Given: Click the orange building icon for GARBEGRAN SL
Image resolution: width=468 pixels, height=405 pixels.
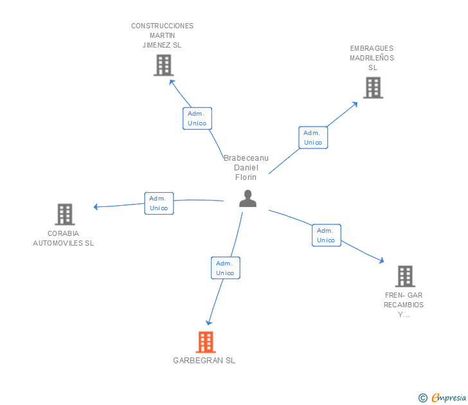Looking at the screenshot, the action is pyautogui.click(x=206, y=342).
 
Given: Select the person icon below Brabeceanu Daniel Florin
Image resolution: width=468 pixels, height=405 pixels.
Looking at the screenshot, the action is pyautogui.click(x=248, y=199).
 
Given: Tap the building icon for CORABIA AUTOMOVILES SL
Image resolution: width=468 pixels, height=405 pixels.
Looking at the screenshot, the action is pyautogui.click(x=65, y=214).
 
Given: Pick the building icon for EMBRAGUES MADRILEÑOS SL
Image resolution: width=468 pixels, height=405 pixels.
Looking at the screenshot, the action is pyautogui.click(x=373, y=87).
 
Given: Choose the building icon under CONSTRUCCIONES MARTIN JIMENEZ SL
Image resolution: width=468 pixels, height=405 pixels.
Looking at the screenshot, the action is pyautogui.click(x=163, y=65).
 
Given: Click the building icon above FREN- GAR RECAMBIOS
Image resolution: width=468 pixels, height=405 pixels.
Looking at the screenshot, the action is pyautogui.click(x=405, y=276).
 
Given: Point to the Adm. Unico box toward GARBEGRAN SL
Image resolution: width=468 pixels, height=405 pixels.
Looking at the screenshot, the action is pyautogui.click(x=226, y=268).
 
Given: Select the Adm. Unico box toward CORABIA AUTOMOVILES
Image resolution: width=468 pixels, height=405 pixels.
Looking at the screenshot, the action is pyautogui.click(x=159, y=203).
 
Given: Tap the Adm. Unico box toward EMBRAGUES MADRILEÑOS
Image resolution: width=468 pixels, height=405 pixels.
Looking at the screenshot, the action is pyautogui.click(x=313, y=138).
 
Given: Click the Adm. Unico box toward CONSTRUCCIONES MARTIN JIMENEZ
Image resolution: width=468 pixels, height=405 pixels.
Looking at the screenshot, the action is pyautogui.click(x=197, y=118).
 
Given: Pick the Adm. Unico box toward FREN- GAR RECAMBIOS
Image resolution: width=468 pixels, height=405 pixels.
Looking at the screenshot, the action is pyautogui.click(x=326, y=235).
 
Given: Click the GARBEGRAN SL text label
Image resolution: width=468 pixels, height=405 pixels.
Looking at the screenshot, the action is pyautogui.click(x=204, y=361).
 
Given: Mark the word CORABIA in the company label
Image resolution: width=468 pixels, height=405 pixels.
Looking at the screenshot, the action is pyautogui.click(x=63, y=233).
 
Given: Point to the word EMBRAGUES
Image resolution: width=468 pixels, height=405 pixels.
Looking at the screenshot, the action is pyautogui.click(x=372, y=48).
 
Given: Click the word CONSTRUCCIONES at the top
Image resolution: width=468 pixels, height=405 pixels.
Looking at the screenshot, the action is pyautogui.click(x=163, y=26).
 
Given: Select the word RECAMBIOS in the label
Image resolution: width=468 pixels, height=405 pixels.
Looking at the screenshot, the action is pyautogui.click(x=404, y=305).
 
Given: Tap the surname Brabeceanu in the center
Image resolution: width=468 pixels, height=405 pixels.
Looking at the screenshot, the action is pyautogui.click(x=246, y=158).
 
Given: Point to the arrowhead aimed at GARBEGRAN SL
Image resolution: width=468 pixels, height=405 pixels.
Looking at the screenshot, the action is pyautogui.click(x=209, y=323).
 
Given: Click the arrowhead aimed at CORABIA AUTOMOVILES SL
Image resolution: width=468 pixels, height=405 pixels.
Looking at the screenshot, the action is pyautogui.click(x=96, y=206).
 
